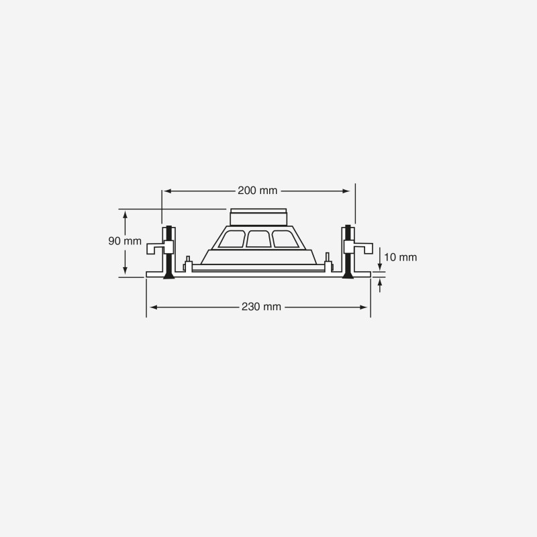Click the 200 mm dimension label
258,191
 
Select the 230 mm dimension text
261,307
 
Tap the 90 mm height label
125,241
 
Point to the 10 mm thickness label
400,257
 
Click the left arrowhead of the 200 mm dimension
166,191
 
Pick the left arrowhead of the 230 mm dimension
154,307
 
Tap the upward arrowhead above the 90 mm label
125,215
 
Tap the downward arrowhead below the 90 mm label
125,270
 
